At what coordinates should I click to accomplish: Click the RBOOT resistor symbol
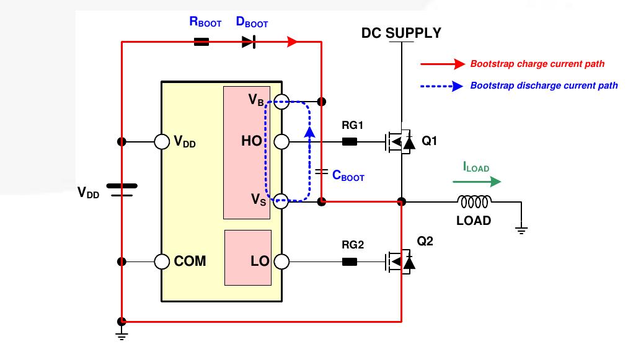pyautogui.click(x=201, y=42)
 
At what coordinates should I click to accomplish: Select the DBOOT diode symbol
pyautogui.click(x=249, y=42)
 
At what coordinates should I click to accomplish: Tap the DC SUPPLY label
pyautogui.click(x=401, y=33)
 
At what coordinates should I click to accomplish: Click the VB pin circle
pyautogui.click(x=281, y=102)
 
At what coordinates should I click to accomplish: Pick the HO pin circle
pyautogui.click(x=281, y=141)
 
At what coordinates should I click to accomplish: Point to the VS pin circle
pyautogui.click(x=281, y=201)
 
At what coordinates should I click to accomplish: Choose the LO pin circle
pyautogui.click(x=281, y=261)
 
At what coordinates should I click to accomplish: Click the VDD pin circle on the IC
pyautogui.click(x=162, y=141)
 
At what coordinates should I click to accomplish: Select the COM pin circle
pyautogui.click(x=162, y=261)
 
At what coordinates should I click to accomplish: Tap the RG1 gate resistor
pyautogui.click(x=350, y=141)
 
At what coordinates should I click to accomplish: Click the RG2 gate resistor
pyautogui.click(x=350, y=261)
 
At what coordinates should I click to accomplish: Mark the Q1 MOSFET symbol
pyautogui.click(x=400, y=141)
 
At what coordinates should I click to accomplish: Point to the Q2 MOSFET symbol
pyautogui.click(x=400, y=261)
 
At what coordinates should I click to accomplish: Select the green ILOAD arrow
pyautogui.click(x=477, y=182)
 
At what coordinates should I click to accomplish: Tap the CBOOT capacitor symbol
pyautogui.click(x=321, y=172)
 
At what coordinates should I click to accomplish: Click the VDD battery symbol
pyautogui.click(x=122, y=190)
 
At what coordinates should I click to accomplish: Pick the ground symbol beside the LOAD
pyautogui.click(x=521, y=230)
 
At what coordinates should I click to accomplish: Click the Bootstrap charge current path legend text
pyautogui.click(x=537, y=64)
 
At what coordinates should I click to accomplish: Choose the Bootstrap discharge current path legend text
pyautogui.click(x=544, y=86)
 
